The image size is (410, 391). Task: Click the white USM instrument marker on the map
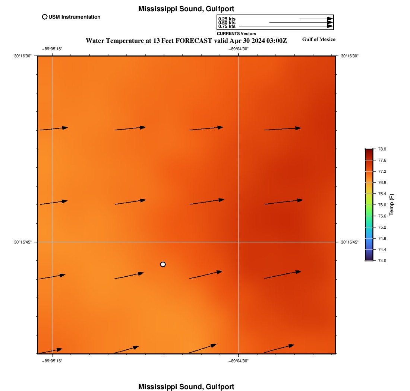[x=163, y=264]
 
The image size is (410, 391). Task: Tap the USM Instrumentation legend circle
[x=45, y=17]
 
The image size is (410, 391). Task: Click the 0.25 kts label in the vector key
[x=227, y=19]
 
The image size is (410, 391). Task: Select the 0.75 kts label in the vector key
[x=227, y=26]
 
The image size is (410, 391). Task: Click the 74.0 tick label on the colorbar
[x=382, y=261]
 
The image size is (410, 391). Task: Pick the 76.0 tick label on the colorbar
[x=382, y=205]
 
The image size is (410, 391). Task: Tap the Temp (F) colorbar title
[x=392, y=204]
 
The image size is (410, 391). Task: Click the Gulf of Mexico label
[x=319, y=39]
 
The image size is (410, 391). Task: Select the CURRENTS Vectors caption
[x=236, y=34]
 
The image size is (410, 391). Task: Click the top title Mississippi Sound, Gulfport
[x=186, y=9]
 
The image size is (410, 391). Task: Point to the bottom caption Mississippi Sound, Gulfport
[x=186, y=387]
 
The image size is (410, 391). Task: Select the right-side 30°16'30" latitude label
[x=350, y=56]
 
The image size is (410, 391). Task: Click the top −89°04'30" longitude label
[x=238, y=49]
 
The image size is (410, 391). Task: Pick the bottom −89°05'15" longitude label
[x=52, y=361]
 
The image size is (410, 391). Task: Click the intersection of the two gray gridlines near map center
[x=239, y=242]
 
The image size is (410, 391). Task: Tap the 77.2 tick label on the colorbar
[x=382, y=171]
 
